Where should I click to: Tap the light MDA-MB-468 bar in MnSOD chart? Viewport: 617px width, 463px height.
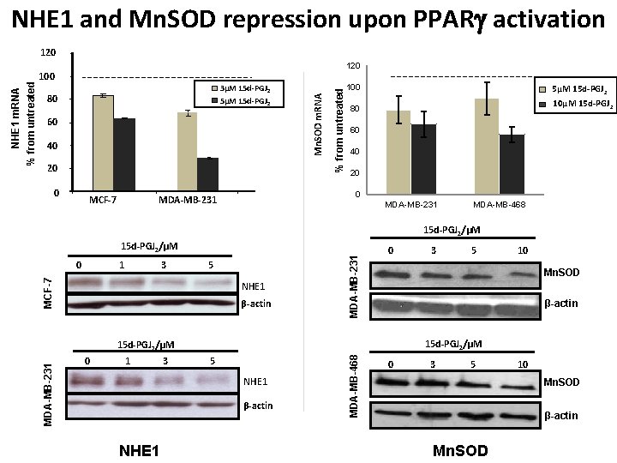tap(487, 147)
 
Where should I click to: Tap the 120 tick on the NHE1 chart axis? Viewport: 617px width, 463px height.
tap(49, 53)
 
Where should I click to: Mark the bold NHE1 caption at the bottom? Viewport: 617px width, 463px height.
tap(141, 449)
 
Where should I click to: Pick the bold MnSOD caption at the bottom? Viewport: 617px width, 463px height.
tap(460, 450)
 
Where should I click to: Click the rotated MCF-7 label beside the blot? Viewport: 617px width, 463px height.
tap(49, 292)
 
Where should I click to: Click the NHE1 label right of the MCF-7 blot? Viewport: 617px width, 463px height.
tap(255, 286)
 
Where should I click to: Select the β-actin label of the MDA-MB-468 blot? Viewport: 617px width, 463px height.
tap(560, 415)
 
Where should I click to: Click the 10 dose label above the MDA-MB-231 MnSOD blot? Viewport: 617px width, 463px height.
tap(522, 250)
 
